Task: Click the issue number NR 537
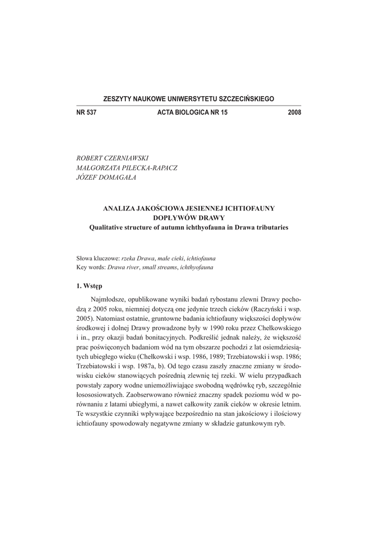point(87,113)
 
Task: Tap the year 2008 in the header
point(294,113)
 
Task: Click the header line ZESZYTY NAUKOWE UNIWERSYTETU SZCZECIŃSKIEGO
point(189,99)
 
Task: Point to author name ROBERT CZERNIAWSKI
point(112,158)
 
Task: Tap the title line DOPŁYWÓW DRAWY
point(189,217)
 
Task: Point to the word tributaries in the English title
point(270,227)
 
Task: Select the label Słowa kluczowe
point(98,258)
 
